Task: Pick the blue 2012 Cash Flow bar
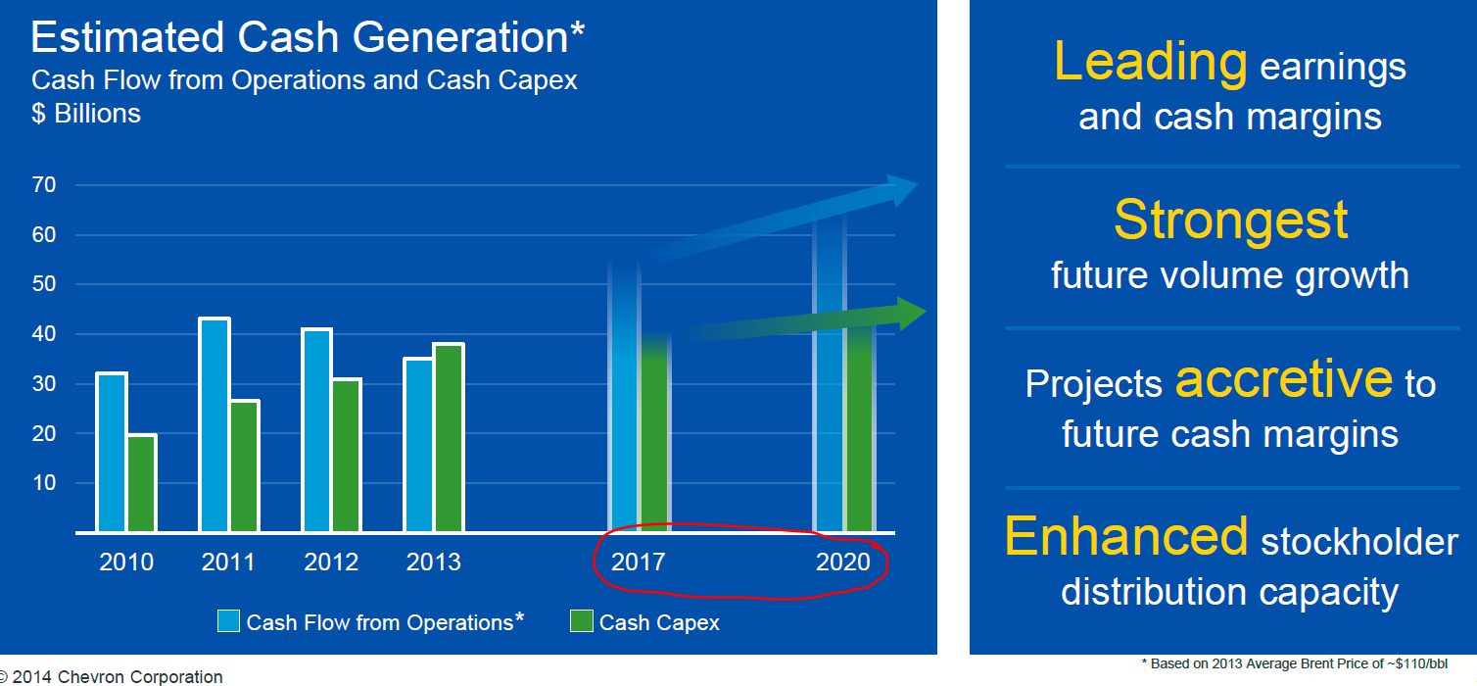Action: [316, 430]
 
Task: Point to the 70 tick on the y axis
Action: [44, 184]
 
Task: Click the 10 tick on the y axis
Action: [44, 483]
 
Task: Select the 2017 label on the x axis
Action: [638, 563]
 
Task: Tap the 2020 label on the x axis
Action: [842, 563]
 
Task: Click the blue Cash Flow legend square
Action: [229, 621]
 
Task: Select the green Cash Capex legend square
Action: [582, 621]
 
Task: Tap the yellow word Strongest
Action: [1230, 220]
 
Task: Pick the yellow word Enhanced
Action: [1126, 536]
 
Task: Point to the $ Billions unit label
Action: [86, 114]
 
